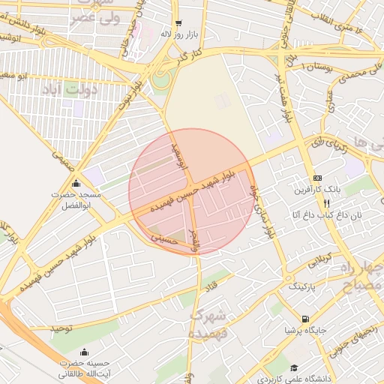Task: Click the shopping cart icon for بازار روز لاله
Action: click(x=178, y=23)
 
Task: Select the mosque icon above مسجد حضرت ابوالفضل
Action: click(x=75, y=184)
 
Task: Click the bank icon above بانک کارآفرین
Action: click(x=317, y=178)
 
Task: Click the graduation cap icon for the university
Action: click(x=295, y=368)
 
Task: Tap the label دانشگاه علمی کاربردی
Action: click(x=298, y=379)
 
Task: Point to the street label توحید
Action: click(x=61, y=328)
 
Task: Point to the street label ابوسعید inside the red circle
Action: click(x=178, y=156)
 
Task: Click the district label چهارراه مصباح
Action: click(x=361, y=276)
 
